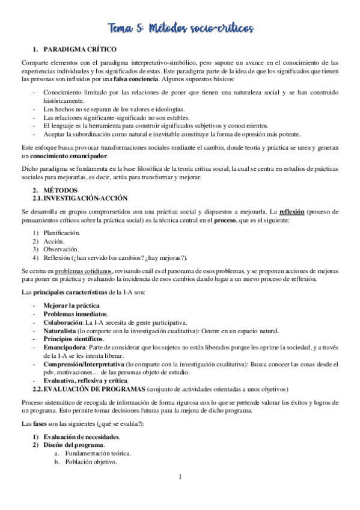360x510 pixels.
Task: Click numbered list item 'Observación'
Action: coord(61,249)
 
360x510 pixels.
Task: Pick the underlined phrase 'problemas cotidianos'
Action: coord(82,271)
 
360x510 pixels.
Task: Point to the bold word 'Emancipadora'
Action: coord(64,347)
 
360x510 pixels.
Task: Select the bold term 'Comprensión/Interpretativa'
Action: coord(84,364)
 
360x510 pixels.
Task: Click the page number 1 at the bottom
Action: coord(180,494)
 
